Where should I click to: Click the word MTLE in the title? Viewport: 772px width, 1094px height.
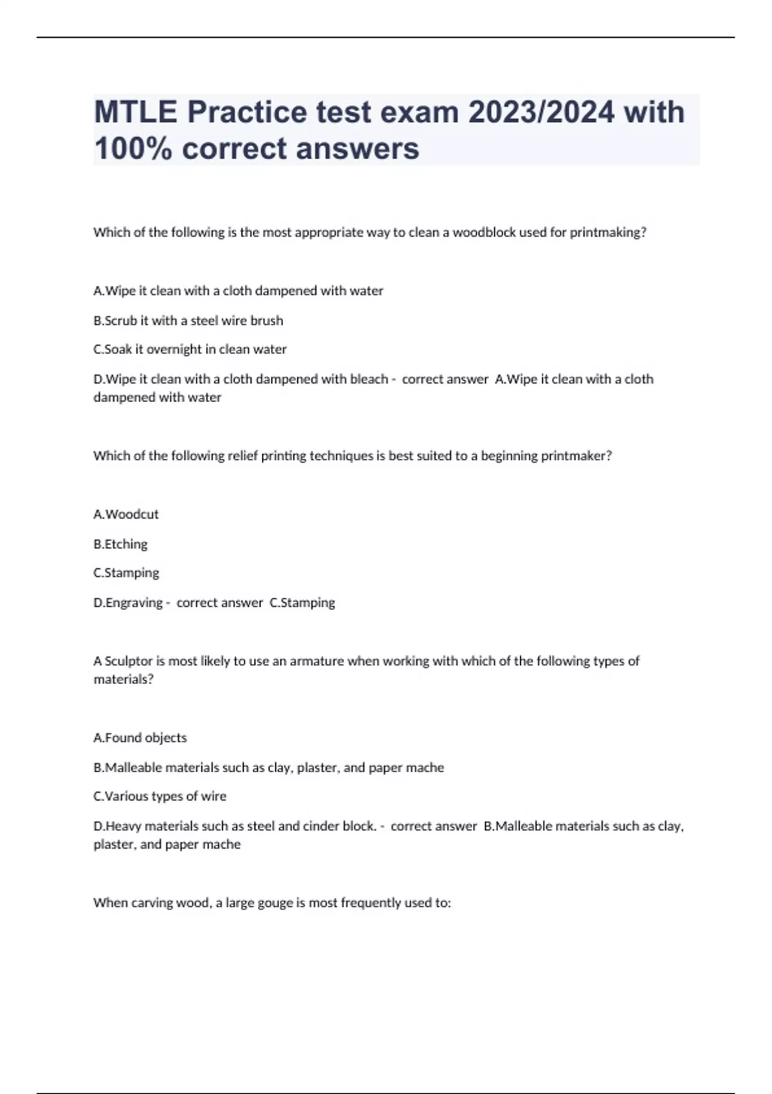coord(135,112)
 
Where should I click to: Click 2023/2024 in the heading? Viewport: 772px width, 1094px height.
coord(541,112)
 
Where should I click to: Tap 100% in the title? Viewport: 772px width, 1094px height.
coord(133,149)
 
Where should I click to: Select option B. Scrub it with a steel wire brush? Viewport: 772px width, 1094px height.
coord(188,320)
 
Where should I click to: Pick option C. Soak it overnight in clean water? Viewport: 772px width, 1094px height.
coord(190,349)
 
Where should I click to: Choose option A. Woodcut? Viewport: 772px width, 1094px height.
coord(126,514)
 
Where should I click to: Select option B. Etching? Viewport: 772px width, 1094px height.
coord(120,544)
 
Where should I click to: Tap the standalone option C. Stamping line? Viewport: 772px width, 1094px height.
coord(126,573)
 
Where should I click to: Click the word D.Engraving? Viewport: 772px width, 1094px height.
coord(128,603)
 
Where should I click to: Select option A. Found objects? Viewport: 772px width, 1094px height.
coord(140,738)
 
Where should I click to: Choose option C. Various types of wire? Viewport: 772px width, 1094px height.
coord(160,797)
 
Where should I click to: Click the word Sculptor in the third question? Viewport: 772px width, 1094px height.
coord(129,661)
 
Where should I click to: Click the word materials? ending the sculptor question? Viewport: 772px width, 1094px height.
coord(124,680)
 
